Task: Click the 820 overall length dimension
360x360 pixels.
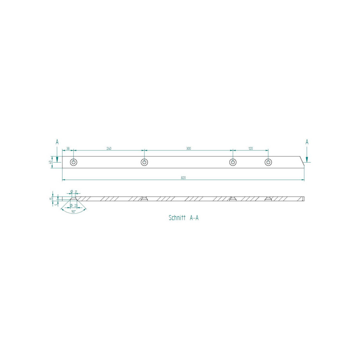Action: (x=183, y=178)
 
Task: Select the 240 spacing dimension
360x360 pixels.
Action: (x=109, y=148)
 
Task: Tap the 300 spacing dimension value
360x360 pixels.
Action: (x=189, y=148)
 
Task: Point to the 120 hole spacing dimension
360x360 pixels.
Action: (x=250, y=148)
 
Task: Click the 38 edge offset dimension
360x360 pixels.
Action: (x=68, y=148)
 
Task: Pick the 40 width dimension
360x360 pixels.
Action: (x=50, y=162)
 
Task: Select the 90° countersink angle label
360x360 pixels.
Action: (x=73, y=212)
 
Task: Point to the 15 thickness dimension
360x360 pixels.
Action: (x=51, y=198)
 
